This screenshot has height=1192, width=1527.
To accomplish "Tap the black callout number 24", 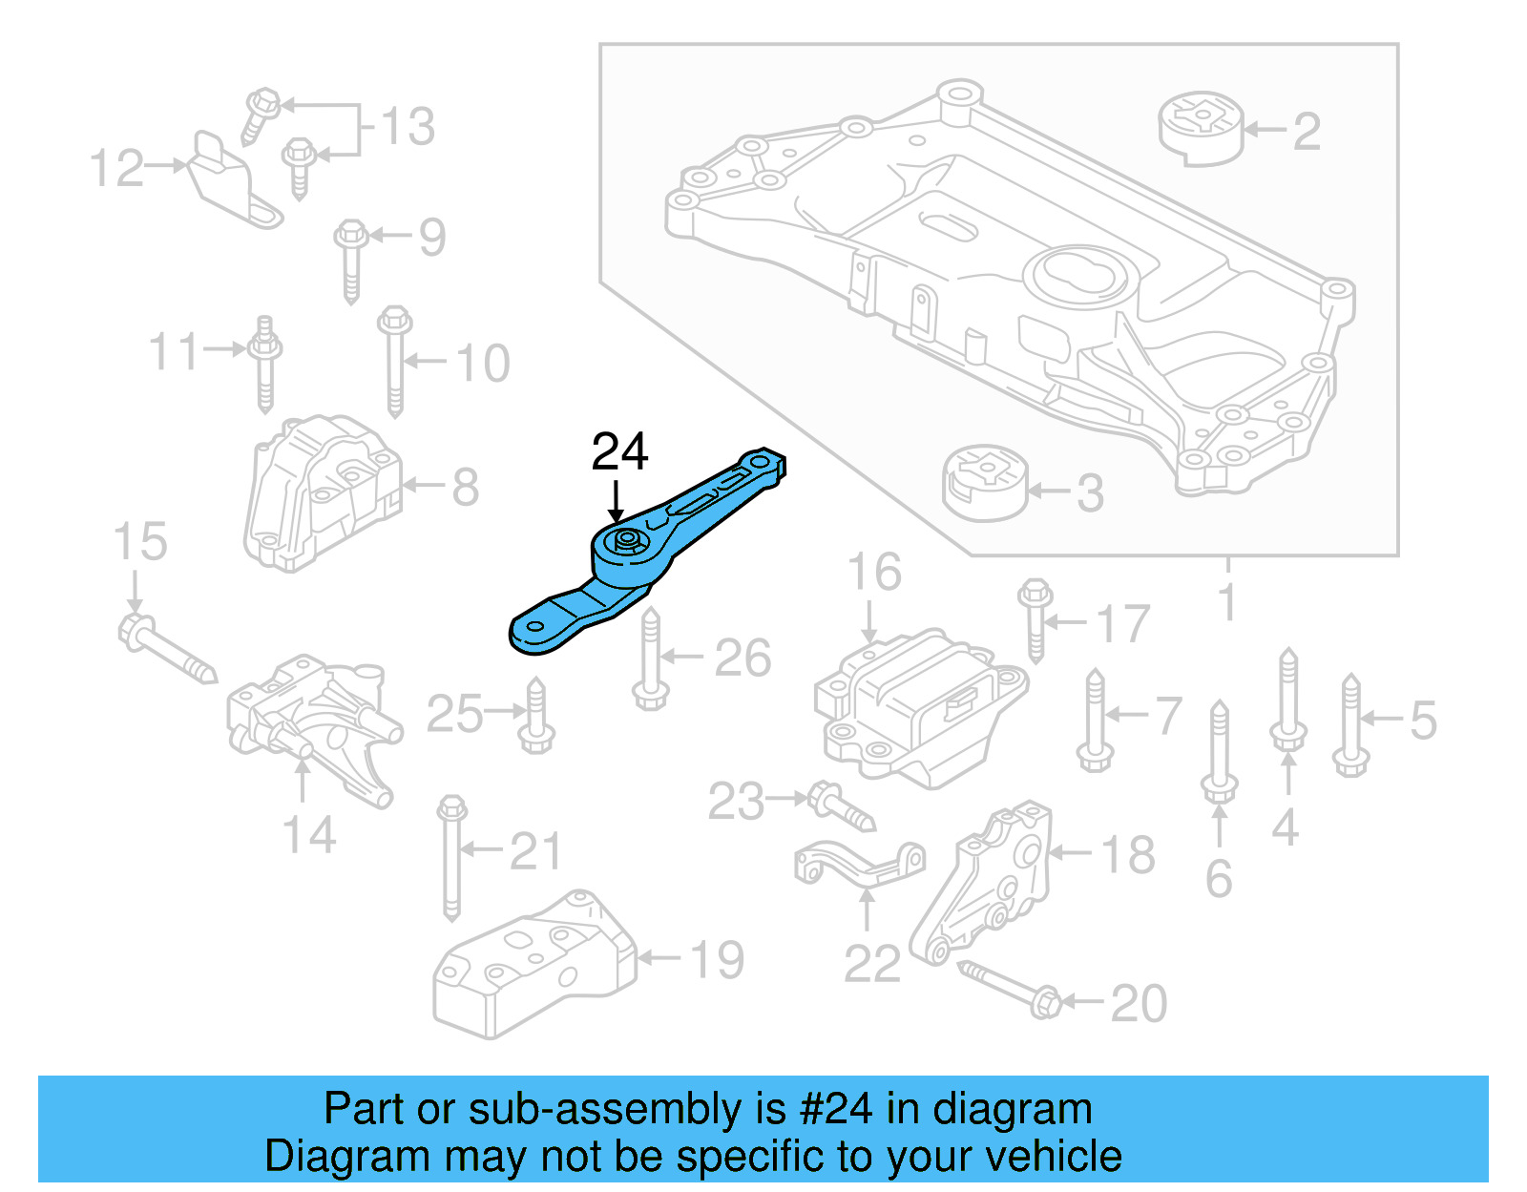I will pyautogui.click(x=619, y=451).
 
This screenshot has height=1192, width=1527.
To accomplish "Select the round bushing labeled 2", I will pyautogui.click(x=1202, y=127).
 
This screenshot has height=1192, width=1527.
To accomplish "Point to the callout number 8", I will pyautogui.click(x=465, y=488).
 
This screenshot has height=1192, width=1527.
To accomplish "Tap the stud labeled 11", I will pyautogui.click(x=264, y=364).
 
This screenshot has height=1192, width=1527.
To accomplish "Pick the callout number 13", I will pyautogui.click(x=408, y=127).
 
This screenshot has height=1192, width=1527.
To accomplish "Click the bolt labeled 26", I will pyautogui.click(x=650, y=659).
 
